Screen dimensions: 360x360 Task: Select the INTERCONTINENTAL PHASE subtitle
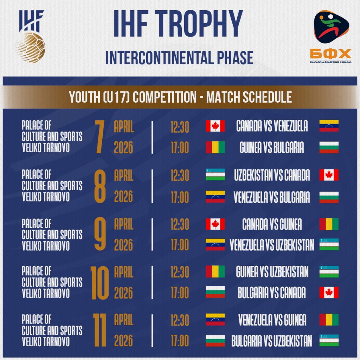click(179, 58)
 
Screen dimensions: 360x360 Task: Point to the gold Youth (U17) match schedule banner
click(180, 97)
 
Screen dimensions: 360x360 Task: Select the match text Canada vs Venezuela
click(272, 126)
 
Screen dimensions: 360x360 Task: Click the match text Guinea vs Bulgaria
click(272, 148)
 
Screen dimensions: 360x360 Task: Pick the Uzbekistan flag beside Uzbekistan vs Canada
click(215, 175)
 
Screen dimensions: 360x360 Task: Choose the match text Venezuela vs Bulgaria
click(272, 197)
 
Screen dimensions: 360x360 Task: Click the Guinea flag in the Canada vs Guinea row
click(329, 224)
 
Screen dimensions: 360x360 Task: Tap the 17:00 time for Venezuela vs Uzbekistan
click(180, 245)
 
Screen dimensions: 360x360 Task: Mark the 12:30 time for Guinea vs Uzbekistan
click(180, 272)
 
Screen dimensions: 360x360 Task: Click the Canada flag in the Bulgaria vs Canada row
click(329, 292)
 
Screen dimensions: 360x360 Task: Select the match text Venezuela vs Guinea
click(272, 320)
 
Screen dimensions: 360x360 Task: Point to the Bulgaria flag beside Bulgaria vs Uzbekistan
click(215, 340)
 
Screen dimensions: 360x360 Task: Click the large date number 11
click(99, 330)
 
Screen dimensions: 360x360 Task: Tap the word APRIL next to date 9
click(124, 224)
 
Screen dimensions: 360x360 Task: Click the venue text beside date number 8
click(52, 186)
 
